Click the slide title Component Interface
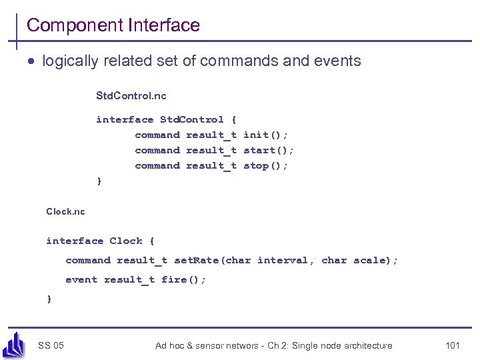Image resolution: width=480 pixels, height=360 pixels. point(113,25)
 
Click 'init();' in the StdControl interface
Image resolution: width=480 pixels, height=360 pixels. point(266,135)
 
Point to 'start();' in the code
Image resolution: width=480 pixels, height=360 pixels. point(269,150)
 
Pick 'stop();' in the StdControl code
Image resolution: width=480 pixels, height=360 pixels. point(266,165)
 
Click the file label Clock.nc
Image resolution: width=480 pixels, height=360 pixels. point(65,211)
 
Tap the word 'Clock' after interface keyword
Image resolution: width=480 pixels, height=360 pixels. point(126,241)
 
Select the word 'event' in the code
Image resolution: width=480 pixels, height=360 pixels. point(81,279)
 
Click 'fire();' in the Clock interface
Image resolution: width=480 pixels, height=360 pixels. point(184,279)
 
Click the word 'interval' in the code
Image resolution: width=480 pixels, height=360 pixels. point(283,260)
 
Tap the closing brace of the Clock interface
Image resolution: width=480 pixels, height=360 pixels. point(49,299)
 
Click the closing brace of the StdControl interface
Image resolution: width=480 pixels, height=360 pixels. point(99,181)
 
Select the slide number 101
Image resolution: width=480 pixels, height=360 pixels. point(453,345)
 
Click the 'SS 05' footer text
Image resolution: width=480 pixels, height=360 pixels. point(51,345)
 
